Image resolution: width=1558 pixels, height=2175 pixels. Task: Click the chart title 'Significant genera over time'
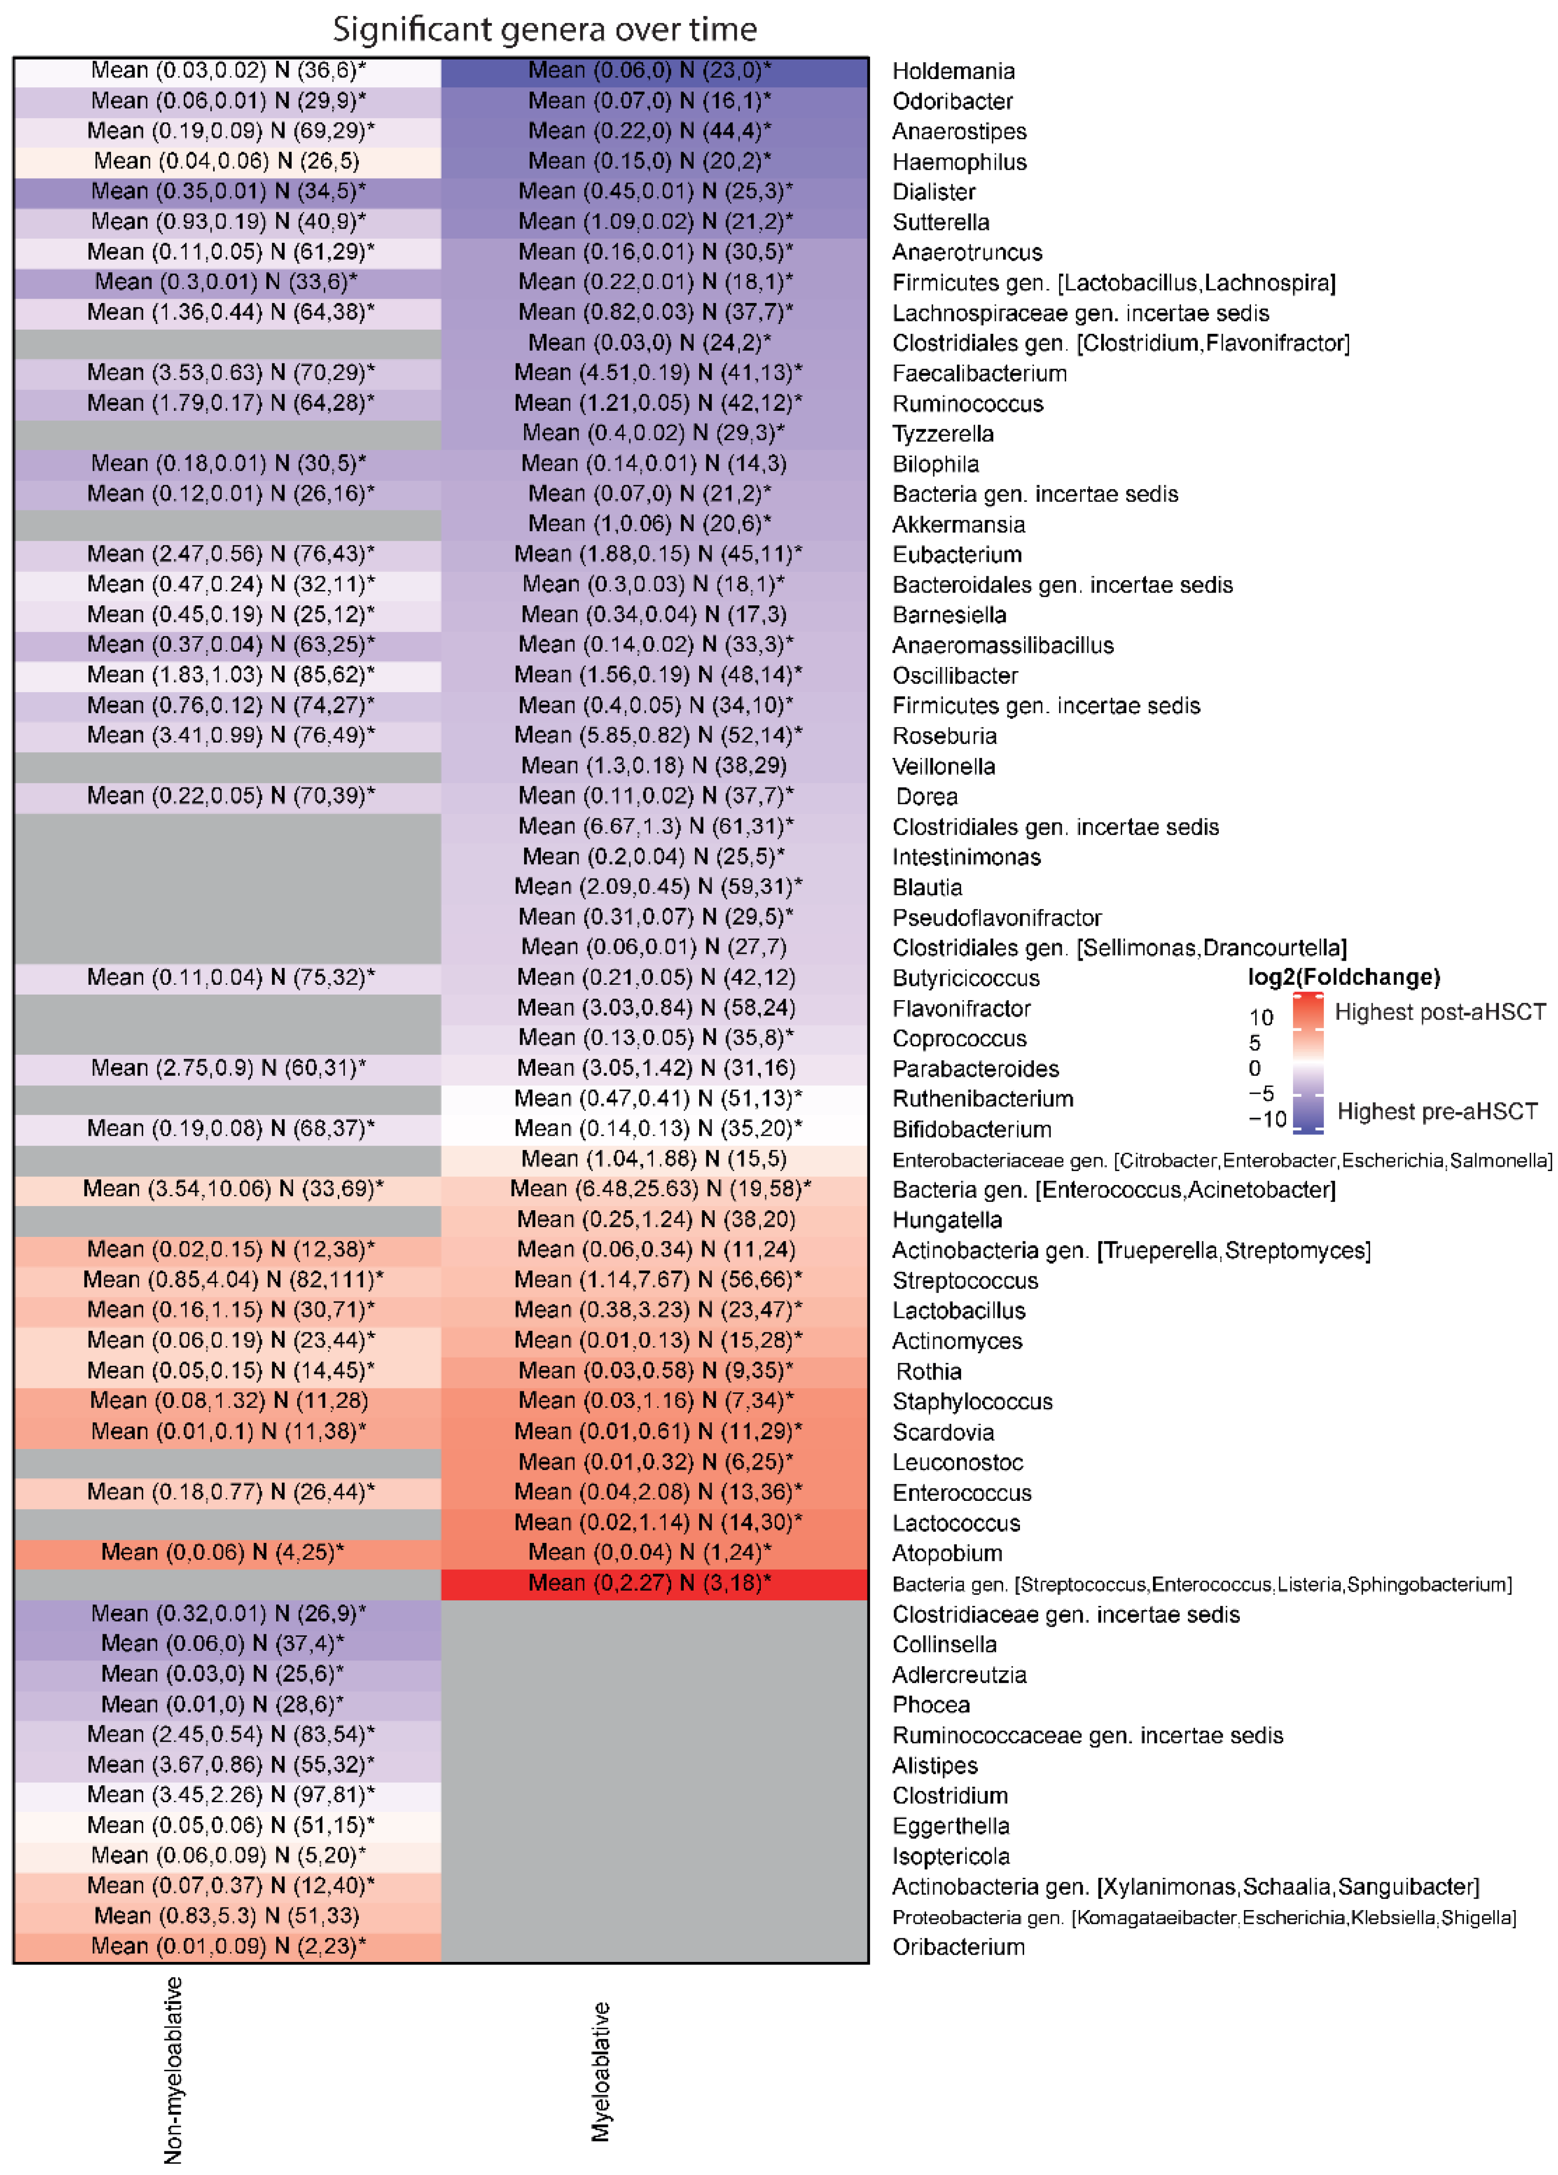[545, 30]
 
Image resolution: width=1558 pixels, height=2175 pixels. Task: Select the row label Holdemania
[953, 71]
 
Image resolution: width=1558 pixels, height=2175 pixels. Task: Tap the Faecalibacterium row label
[979, 373]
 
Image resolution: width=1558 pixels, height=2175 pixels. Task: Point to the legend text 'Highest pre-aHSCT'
[1437, 1112]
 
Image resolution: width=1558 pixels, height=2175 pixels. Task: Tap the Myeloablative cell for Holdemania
[654, 71]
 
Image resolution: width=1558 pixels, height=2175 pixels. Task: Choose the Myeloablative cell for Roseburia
[654, 736]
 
